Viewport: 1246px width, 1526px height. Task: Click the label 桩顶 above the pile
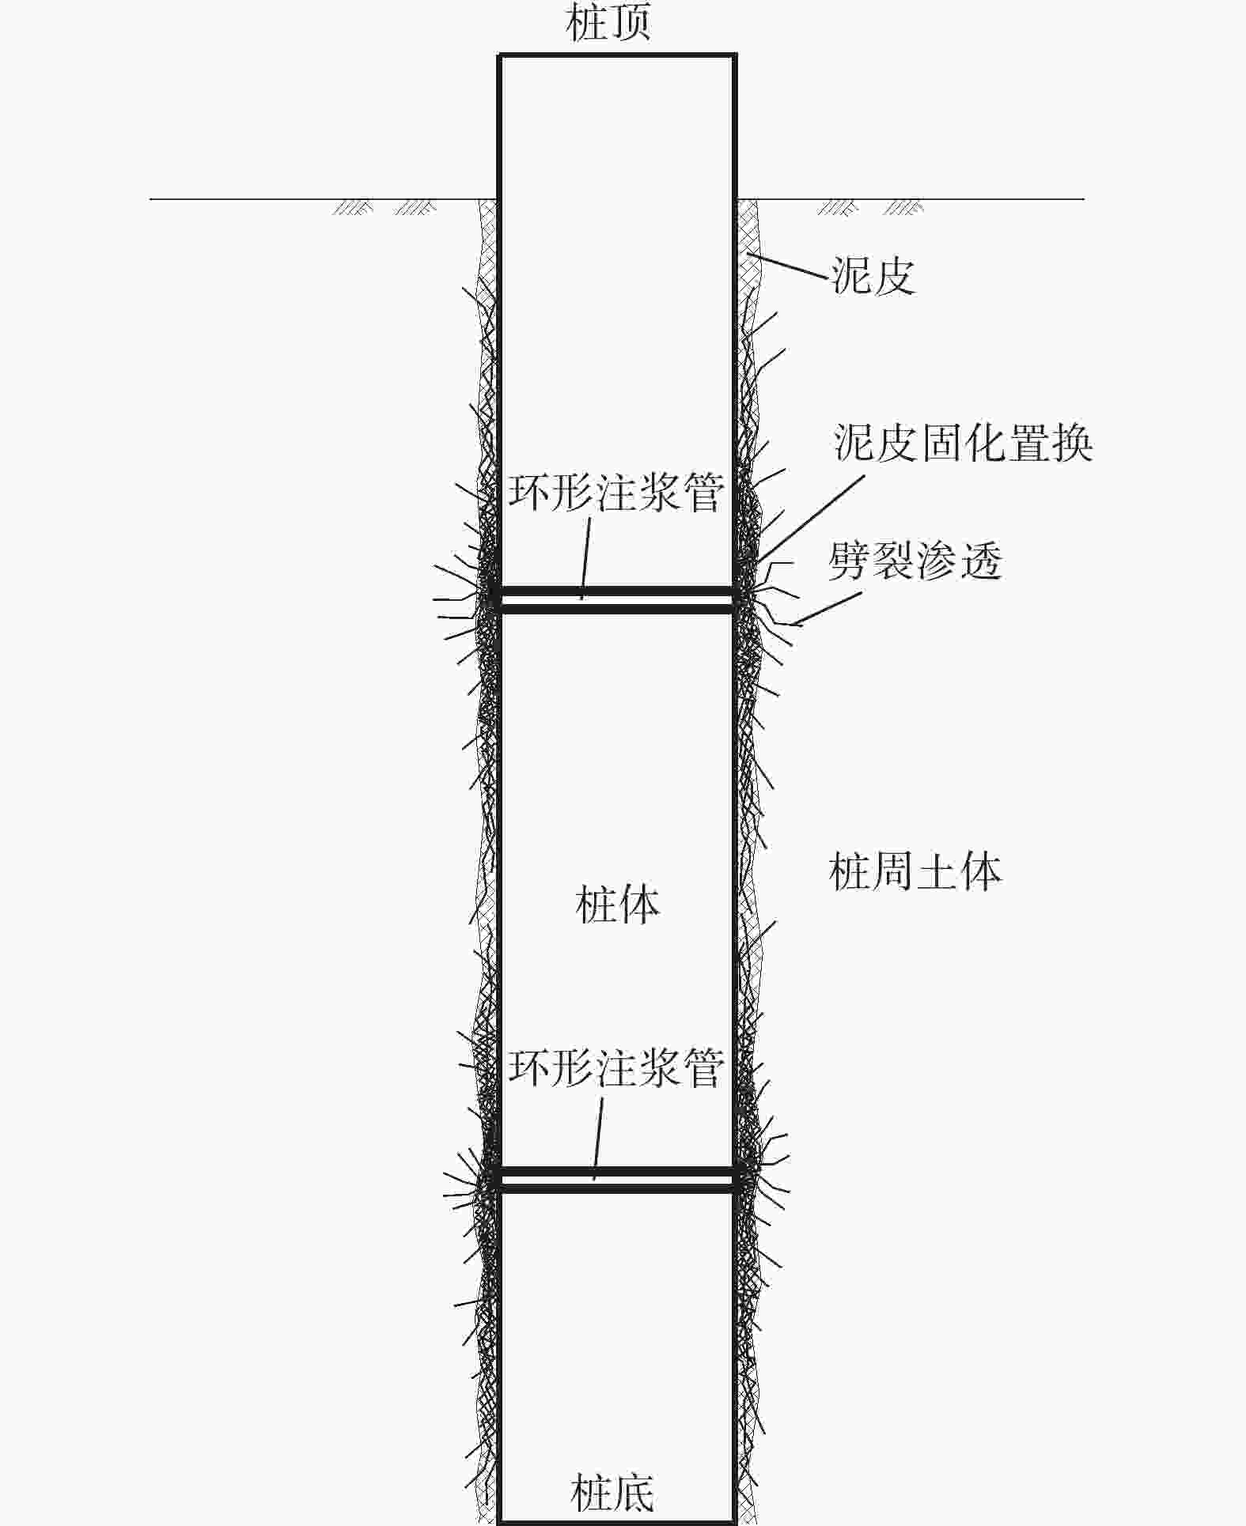pyautogui.click(x=609, y=23)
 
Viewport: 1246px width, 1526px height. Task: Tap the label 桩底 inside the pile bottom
pyautogui.click(x=612, y=1491)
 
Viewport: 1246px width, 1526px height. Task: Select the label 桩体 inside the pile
pyautogui.click(x=618, y=905)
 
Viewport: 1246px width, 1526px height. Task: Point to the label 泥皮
pyautogui.click(x=873, y=276)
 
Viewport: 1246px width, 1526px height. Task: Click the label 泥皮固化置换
pyautogui.click(x=964, y=442)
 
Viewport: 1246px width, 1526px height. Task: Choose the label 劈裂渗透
pyautogui.click(x=915, y=562)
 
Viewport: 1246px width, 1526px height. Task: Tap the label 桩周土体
pyautogui.click(x=915, y=872)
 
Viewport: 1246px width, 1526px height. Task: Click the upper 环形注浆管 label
pyautogui.click(x=615, y=493)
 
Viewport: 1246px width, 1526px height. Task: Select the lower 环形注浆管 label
pyautogui.click(x=615, y=1067)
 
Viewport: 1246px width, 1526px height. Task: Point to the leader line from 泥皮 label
pyautogui.click(x=787, y=265)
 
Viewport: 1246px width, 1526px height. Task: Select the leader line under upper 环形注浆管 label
pyautogui.click(x=586, y=558)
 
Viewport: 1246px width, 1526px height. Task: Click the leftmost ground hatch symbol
pyautogui.click(x=353, y=208)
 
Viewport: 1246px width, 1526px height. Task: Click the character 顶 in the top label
pyautogui.click(x=631, y=23)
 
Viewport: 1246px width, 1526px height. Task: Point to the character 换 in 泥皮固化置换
pyautogui.click(x=1073, y=442)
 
